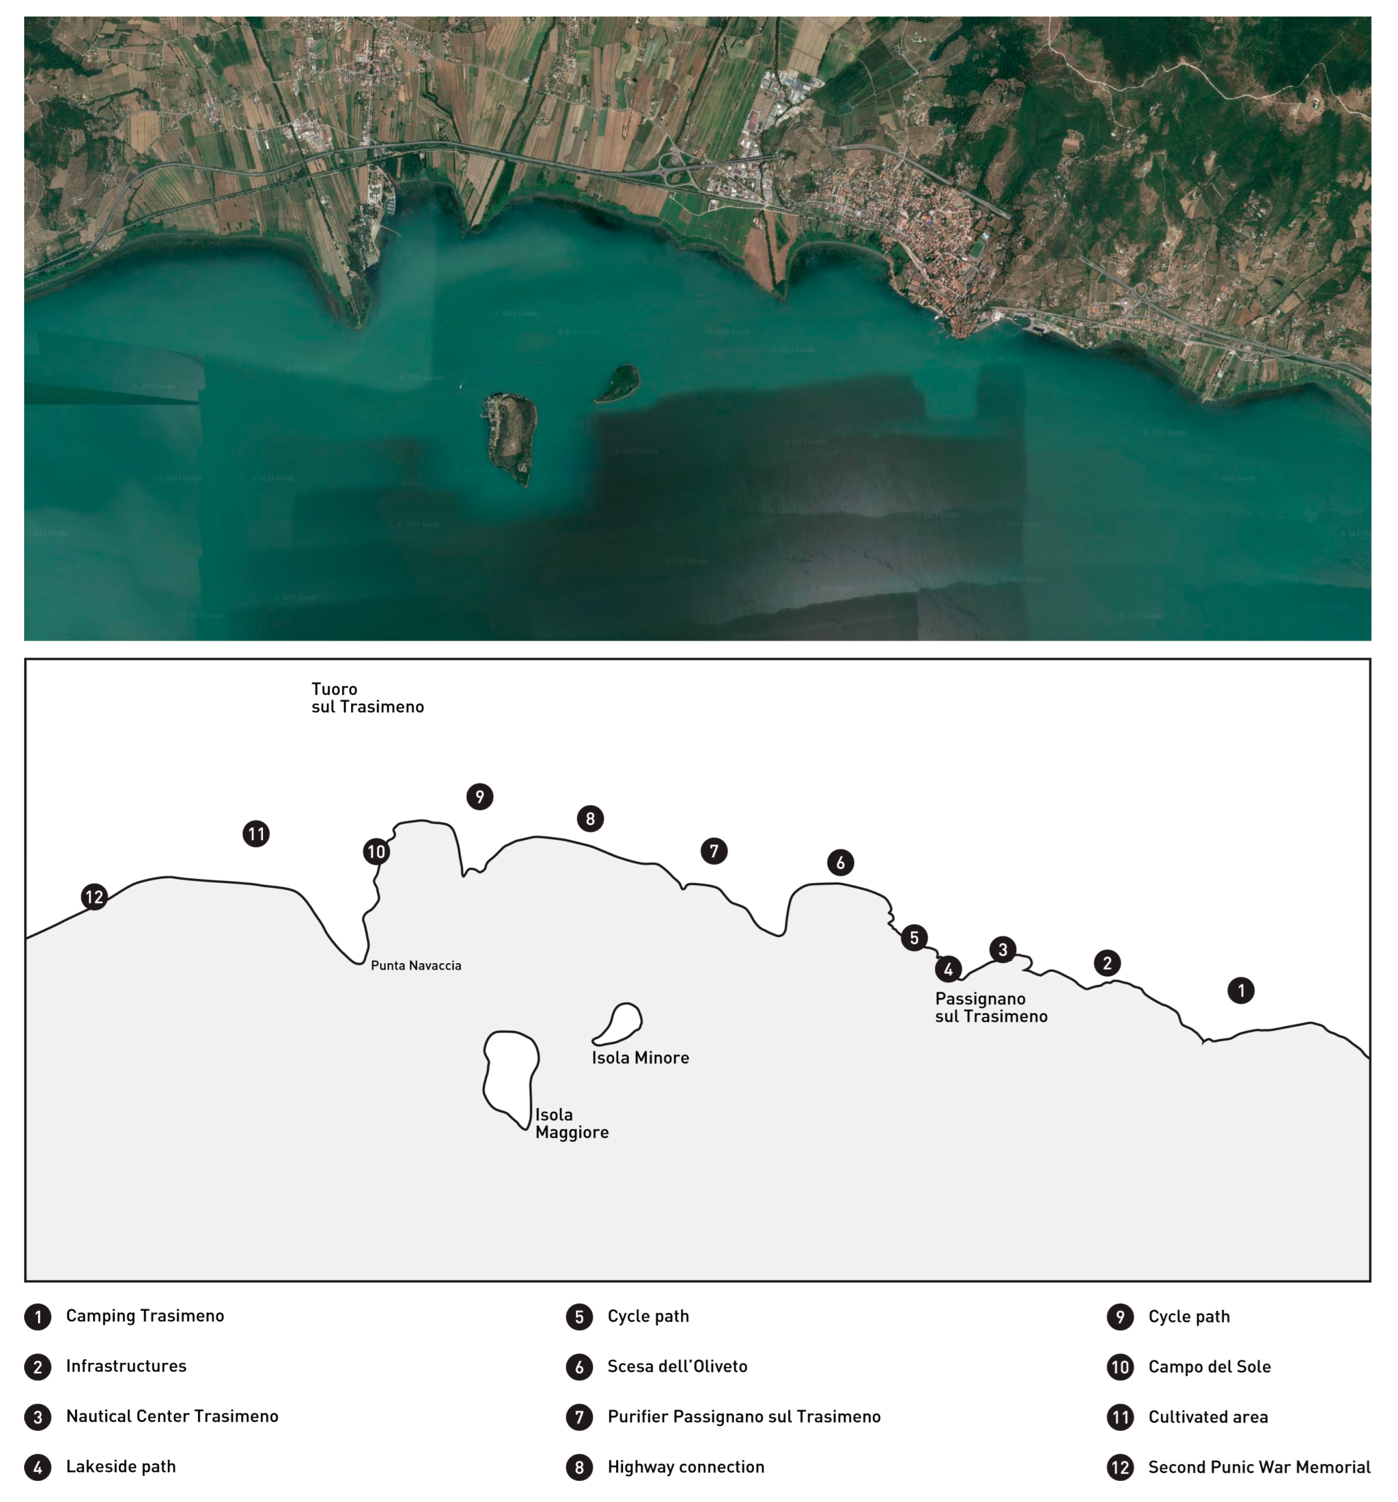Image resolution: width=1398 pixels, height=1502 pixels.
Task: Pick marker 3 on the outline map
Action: [1003, 949]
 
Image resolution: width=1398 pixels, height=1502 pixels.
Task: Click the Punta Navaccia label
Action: [416, 966]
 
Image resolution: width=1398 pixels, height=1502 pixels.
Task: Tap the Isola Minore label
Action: [640, 1058]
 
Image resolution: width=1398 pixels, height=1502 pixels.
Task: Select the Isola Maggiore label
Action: [571, 1123]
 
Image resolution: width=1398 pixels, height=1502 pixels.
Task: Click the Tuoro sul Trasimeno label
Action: [367, 698]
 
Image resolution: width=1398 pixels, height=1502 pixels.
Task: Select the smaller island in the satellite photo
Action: [619, 382]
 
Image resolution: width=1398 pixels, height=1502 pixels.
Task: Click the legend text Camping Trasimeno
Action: [145, 1315]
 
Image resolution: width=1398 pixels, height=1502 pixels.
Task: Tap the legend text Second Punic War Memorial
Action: [1259, 1467]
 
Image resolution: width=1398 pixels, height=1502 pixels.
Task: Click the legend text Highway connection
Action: [686, 1467]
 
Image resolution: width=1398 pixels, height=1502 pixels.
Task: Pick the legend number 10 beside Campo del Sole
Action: [1120, 1367]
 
